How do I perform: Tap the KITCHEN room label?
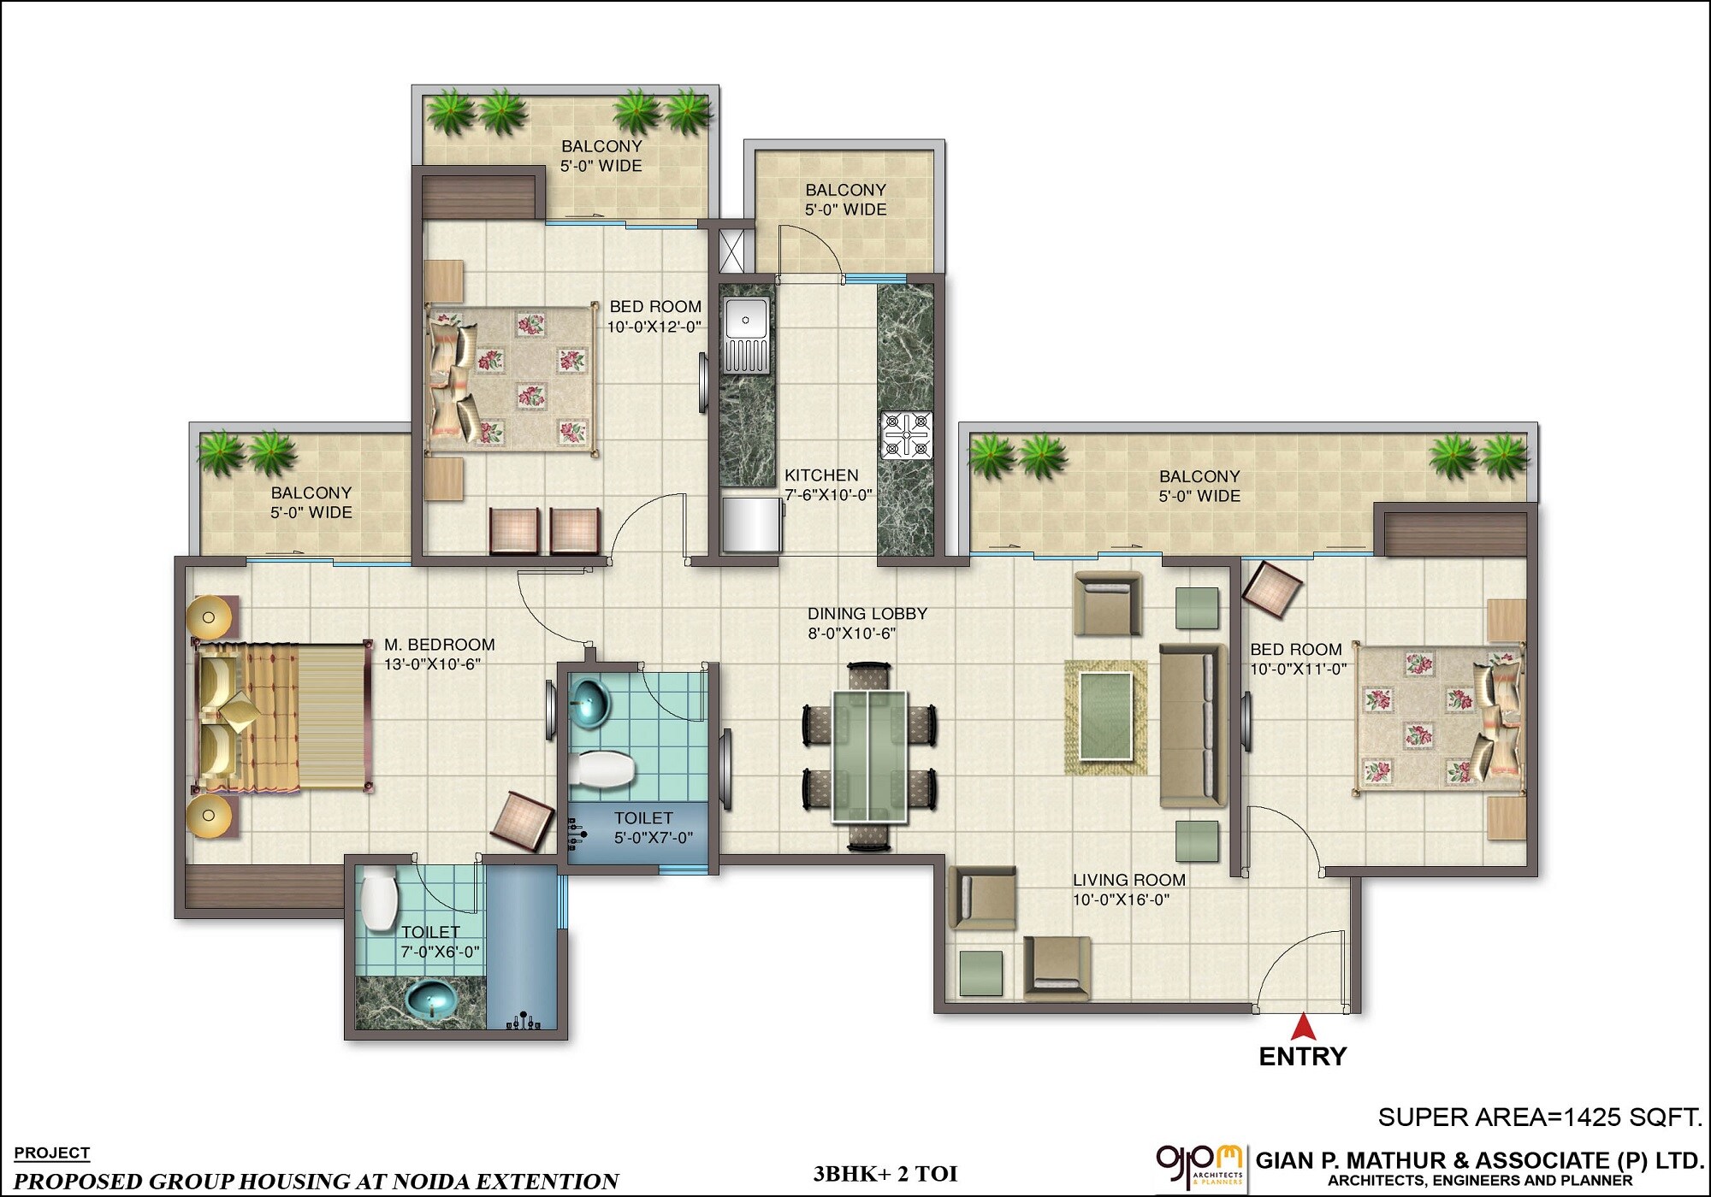click(821, 475)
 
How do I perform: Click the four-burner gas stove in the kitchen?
click(907, 435)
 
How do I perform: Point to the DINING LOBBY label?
click(867, 614)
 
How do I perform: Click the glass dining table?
click(869, 757)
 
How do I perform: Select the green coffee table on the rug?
click(1105, 716)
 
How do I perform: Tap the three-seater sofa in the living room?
click(1192, 725)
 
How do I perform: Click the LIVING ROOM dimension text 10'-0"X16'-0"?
click(1121, 899)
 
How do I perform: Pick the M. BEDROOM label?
click(439, 645)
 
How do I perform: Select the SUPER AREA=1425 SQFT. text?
click(1538, 1117)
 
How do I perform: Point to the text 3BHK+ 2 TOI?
click(885, 1174)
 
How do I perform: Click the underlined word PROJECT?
click(51, 1153)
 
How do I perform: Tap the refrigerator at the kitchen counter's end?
click(751, 524)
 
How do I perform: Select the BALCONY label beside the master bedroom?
click(311, 493)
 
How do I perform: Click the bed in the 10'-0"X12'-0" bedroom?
click(511, 376)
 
